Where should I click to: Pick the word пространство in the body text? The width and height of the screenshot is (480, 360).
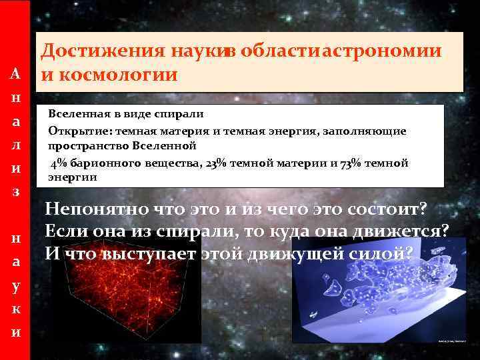[88, 145]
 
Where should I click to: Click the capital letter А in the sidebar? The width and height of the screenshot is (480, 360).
[15, 73]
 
